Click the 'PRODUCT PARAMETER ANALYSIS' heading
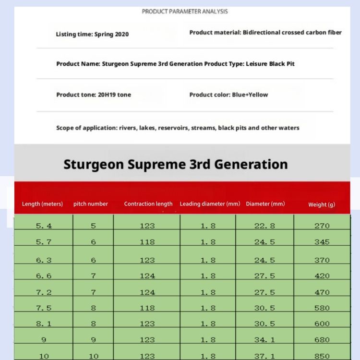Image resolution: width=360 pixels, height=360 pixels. [x=185, y=12]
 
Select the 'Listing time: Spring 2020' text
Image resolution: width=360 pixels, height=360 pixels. [x=92, y=35]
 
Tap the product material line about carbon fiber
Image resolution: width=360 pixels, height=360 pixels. [x=265, y=33]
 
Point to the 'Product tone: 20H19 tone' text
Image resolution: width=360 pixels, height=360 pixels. [x=94, y=95]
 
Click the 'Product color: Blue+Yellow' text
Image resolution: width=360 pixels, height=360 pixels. [x=228, y=95]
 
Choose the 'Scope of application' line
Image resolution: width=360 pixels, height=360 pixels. [x=178, y=128]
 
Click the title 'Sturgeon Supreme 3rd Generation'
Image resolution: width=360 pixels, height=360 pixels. [x=176, y=164]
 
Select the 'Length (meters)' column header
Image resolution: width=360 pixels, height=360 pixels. [x=42, y=204]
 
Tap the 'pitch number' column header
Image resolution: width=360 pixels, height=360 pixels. [x=91, y=204]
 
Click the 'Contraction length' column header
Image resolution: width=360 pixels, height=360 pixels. [x=148, y=204]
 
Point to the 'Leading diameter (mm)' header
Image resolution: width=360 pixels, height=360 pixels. [x=210, y=204]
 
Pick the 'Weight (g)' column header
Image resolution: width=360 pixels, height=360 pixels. [x=322, y=204]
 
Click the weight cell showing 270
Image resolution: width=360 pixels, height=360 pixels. [x=322, y=226]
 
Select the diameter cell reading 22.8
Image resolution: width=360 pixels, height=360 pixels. [x=264, y=226]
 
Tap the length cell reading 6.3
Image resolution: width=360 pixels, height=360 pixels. [x=44, y=260]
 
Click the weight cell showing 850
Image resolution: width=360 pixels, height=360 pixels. [x=322, y=356]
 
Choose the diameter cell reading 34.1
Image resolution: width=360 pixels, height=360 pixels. [x=264, y=340]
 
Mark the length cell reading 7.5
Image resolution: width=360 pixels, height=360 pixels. [x=44, y=308]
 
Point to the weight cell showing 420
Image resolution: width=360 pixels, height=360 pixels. [x=322, y=276]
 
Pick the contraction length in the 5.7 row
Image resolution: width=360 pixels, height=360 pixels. [x=147, y=242]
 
